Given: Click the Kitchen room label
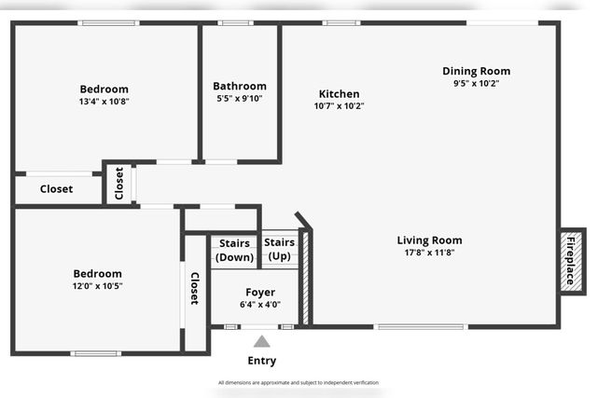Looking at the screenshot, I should [339, 94].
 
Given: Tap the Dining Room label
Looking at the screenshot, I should [476, 71].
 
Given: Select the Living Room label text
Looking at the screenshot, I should [429, 240].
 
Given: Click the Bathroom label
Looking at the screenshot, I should [239, 86].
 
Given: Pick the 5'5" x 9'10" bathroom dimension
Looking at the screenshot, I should [239, 98].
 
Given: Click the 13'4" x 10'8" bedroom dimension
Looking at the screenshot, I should [104, 102].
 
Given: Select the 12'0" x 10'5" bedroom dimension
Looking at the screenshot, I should [98, 286].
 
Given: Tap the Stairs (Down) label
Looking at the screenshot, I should [234, 251].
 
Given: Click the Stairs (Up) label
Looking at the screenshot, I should [280, 249].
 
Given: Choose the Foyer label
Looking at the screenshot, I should [259, 292].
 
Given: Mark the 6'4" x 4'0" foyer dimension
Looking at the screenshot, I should [259, 304].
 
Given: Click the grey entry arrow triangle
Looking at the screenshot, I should [262, 342].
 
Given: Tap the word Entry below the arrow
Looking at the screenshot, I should [261, 361].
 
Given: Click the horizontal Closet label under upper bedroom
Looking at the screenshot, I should [56, 189].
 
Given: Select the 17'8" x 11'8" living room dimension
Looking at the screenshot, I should [429, 253].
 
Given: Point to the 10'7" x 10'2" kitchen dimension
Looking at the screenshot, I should [339, 106].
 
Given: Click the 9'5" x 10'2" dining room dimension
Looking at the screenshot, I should [476, 83].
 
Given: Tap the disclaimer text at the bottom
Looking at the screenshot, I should [298, 382].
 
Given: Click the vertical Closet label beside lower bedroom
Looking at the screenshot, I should [195, 289].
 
